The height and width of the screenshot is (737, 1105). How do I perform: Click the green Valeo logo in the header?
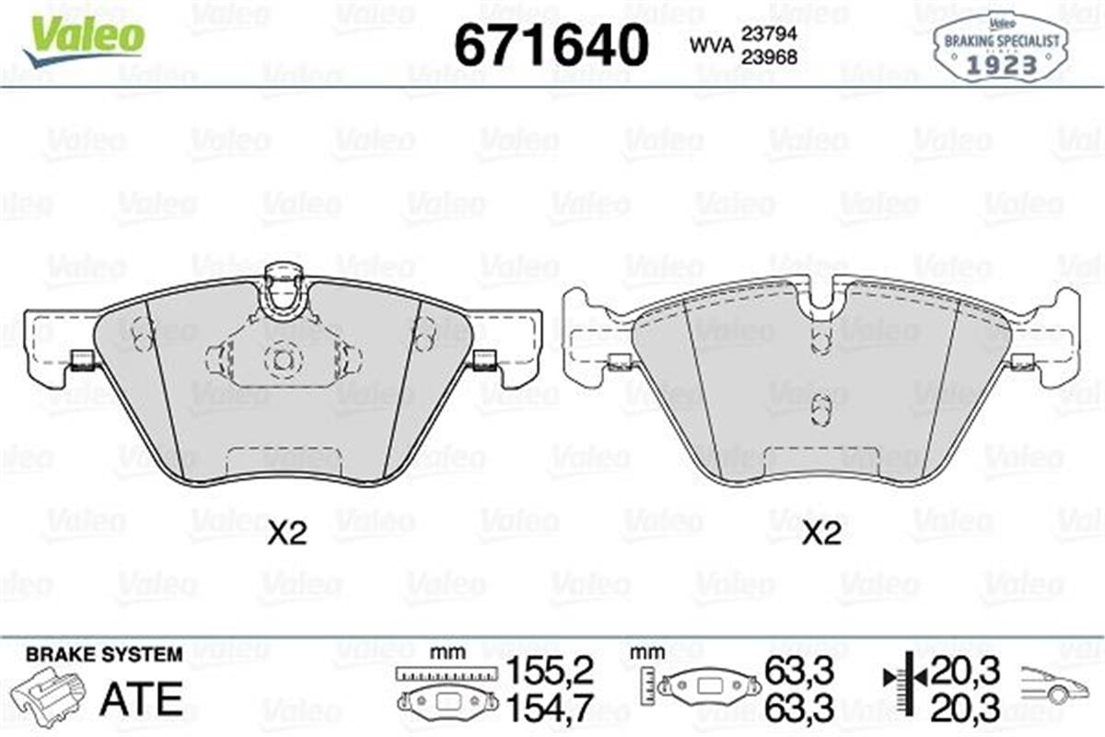[84, 41]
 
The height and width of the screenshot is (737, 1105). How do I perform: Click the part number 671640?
[551, 45]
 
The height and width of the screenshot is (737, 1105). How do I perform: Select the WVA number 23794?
[770, 34]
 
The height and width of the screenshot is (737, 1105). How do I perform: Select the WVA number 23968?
[770, 58]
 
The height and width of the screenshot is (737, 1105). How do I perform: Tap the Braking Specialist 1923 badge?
[1001, 48]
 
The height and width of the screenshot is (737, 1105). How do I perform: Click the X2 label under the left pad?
[287, 533]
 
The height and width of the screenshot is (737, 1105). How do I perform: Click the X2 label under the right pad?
[821, 533]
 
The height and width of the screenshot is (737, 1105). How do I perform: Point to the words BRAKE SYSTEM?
[104, 655]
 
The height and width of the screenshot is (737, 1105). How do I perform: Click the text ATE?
[142, 698]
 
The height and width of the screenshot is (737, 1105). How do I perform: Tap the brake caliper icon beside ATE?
[47, 696]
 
